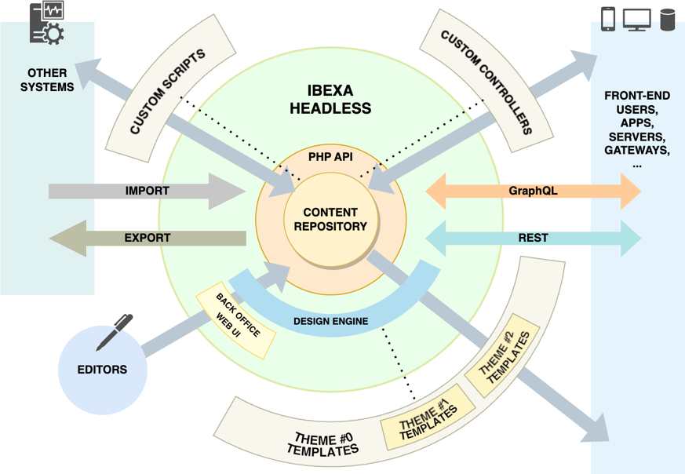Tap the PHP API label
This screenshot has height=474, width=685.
point(330,157)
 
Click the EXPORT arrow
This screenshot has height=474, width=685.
point(147,238)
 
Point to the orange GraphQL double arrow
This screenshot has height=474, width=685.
point(533,191)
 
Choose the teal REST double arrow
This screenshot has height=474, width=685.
point(533,238)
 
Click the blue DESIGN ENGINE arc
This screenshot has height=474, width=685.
point(330,320)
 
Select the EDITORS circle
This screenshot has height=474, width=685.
point(103,369)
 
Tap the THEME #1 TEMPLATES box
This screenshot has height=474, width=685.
point(428,413)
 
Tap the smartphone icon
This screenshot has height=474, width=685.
point(608,19)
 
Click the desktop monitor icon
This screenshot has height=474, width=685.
point(636,19)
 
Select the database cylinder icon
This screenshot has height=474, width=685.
point(668,19)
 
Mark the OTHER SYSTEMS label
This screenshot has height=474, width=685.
point(47,80)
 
